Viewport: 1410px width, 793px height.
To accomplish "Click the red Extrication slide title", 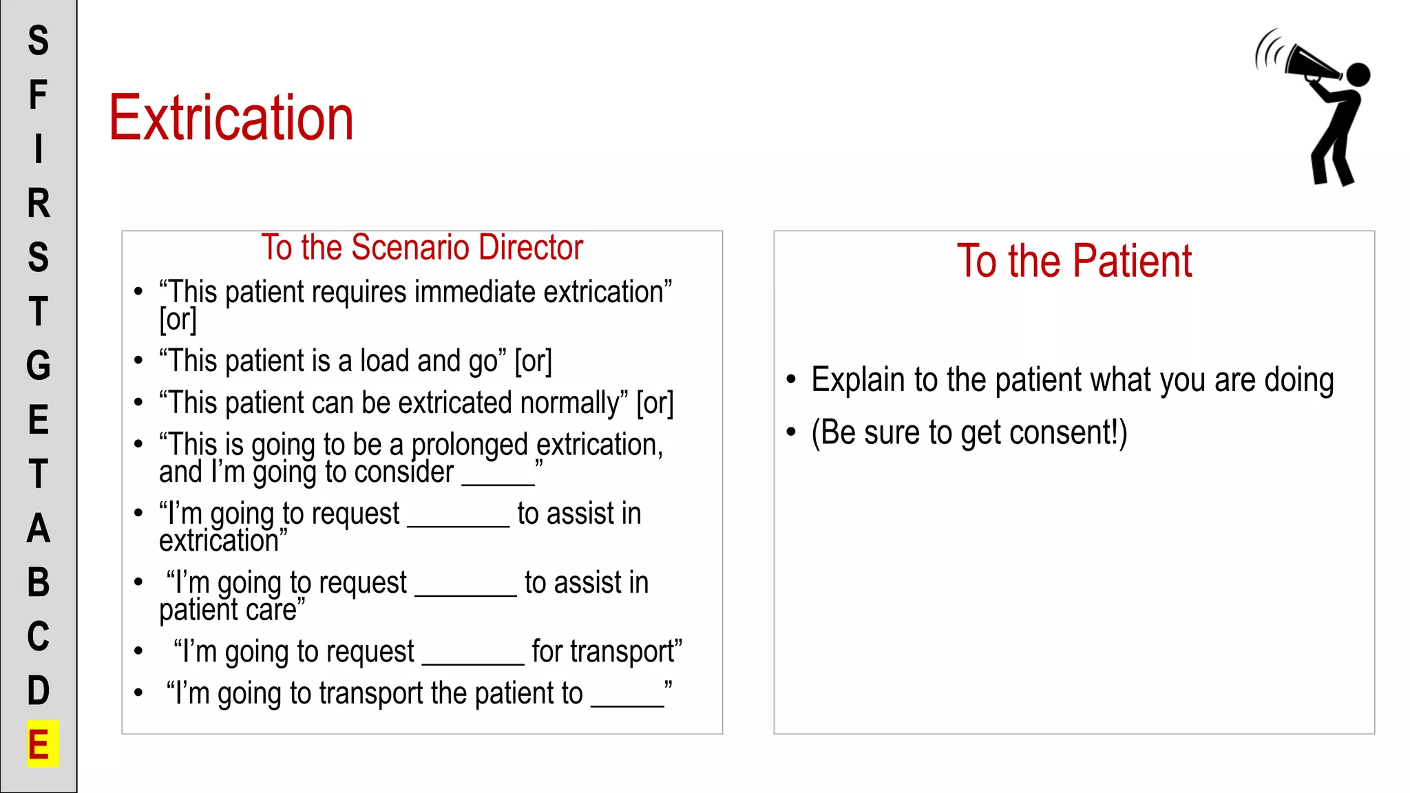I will [231, 118].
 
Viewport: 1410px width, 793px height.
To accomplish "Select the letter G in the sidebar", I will [39, 366].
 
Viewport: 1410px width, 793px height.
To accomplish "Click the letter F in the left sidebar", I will [38, 95].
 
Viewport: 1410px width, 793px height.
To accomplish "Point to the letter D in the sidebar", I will [39, 690].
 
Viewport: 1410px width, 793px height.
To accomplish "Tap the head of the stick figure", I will [1358, 74].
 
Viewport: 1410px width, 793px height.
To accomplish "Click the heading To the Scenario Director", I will [422, 248].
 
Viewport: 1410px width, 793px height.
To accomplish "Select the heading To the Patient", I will [1074, 262].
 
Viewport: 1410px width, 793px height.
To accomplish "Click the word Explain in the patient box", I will [858, 380].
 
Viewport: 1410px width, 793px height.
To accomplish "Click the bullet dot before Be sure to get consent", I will [791, 432].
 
